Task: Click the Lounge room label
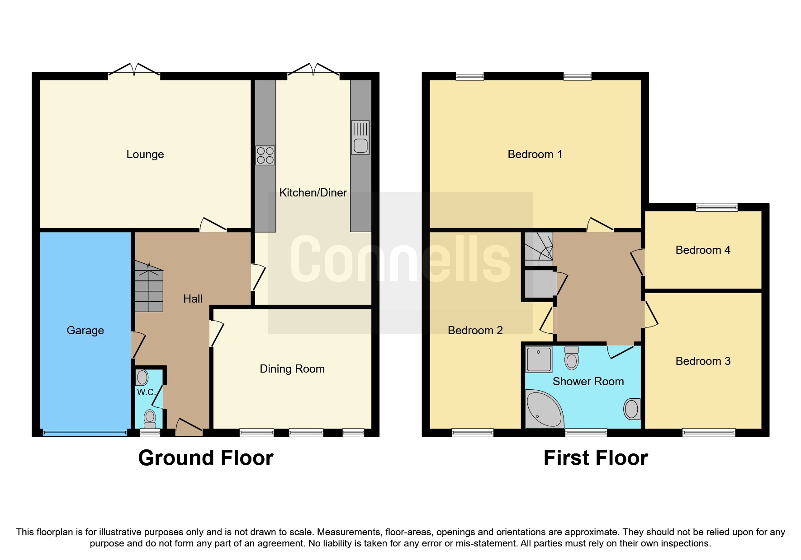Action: (145, 154)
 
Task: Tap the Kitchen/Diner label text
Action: (313, 193)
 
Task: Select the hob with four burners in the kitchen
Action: (265, 155)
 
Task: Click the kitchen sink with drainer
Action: (360, 138)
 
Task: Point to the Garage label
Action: (85, 331)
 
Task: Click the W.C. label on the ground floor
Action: (146, 392)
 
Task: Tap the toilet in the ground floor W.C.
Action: (150, 418)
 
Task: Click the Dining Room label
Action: (292, 369)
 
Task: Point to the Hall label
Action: (193, 299)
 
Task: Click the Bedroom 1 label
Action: (535, 154)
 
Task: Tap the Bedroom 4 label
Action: (702, 250)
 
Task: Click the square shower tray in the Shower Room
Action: (539, 359)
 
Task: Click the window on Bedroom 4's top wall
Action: (716, 207)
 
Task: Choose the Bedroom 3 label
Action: (702, 361)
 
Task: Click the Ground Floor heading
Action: (206, 458)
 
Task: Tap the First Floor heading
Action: (595, 458)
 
